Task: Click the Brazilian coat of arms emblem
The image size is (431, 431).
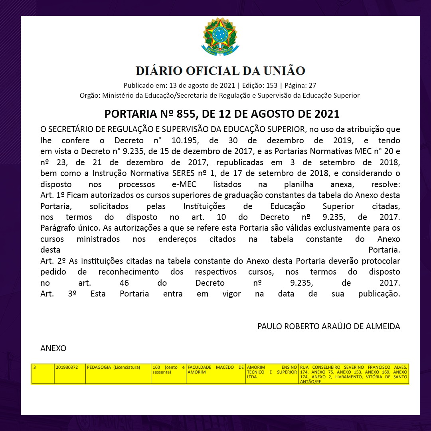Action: (x=220, y=37)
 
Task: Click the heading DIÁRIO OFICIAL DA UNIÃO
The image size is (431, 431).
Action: (x=220, y=71)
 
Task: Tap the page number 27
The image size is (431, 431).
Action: (x=312, y=85)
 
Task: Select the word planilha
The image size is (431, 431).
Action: (x=301, y=185)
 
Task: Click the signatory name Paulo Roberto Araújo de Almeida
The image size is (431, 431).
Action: (x=328, y=326)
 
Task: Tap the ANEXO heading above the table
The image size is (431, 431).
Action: (x=53, y=348)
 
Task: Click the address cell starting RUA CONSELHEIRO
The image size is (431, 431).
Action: (x=353, y=374)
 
